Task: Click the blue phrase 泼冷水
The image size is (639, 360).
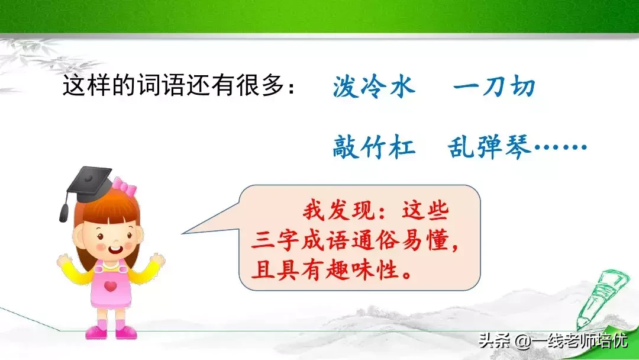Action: pyautogui.click(x=374, y=87)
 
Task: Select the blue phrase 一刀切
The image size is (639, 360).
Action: pyautogui.click(x=494, y=87)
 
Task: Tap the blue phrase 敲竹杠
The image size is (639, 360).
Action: pyautogui.click(x=374, y=147)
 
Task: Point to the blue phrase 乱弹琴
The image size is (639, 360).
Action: pyautogui.click(x=490, y=147)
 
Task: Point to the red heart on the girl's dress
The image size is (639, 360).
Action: pyautogui.click(x=110, y=286)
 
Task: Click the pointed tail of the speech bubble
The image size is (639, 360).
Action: pyautogui.click(x=182, y=234)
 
